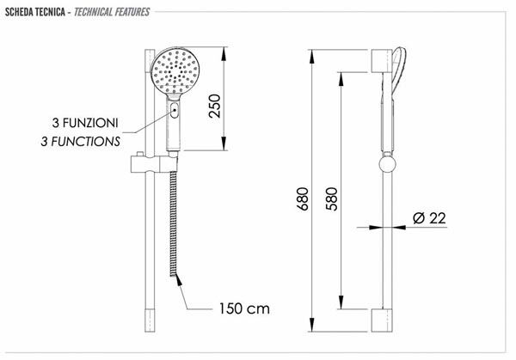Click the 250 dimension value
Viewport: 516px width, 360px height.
214,106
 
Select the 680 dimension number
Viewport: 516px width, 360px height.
303,199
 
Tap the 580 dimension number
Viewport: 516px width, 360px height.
331,199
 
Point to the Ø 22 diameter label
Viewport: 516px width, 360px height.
429,218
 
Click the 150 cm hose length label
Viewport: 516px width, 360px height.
244,308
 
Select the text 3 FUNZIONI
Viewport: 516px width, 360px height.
85,123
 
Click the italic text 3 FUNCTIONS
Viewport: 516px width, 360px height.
80,142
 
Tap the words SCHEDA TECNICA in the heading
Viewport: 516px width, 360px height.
35,12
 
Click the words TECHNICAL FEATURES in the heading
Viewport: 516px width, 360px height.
112,12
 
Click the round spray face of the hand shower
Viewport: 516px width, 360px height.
175,71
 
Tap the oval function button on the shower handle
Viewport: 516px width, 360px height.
175,110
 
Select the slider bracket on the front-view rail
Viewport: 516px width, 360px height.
154,163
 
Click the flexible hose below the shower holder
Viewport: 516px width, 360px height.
173,224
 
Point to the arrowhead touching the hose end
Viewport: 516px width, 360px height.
178,279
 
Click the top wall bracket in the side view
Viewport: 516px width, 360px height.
382,61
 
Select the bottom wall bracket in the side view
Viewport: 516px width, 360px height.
382,320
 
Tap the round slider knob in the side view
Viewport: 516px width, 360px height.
387,164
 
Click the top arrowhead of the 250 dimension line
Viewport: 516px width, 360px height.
224,54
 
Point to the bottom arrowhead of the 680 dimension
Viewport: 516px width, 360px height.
312,325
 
